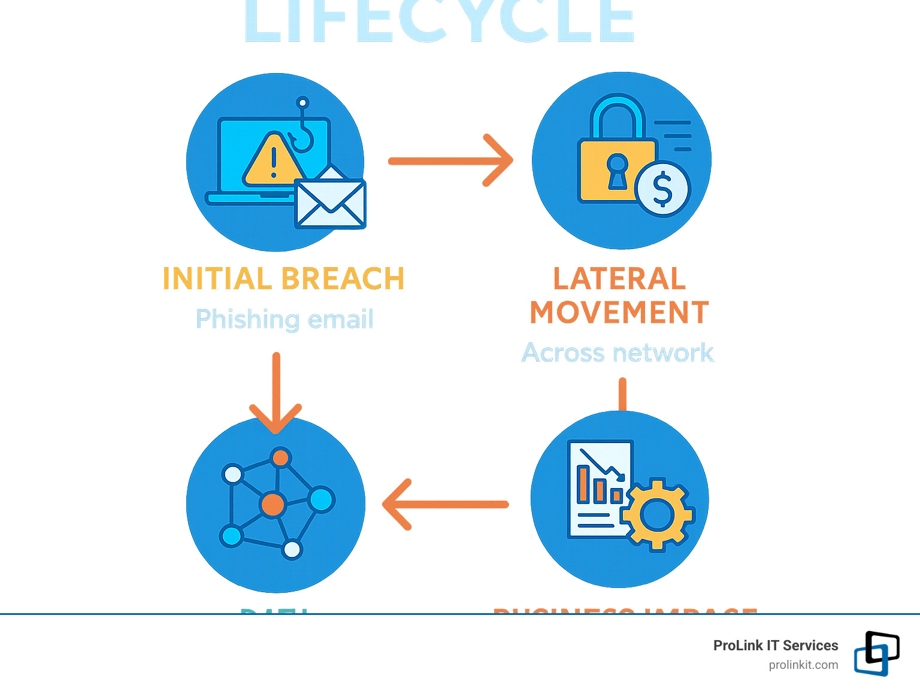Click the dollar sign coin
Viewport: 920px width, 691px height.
pyautogui.click(x=662, y=189)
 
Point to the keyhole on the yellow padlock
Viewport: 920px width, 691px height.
pyautogui.click(x=617, y=171)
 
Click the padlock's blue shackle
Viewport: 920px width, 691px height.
pyautogui.click(x=618, y=117)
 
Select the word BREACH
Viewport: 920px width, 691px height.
pyautogui.click(x=343, y=279)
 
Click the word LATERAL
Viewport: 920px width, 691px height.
pyautogui.click(x=619, y=279)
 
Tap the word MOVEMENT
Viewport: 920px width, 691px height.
pyautogui.click(x=619, y=313)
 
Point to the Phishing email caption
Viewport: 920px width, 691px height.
pyautogui.click(x=285, y=319)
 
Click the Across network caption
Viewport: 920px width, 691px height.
pyautogui.click(x=618, y=353)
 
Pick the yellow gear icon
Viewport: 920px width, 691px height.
pyautogui.click(x=657, y=514)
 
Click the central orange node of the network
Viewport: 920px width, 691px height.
pyautogui.click(x=273, y=504)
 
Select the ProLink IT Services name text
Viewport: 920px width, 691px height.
pyautogui.click(x=776, y=645)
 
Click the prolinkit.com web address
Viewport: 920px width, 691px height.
pyautogui.click(x=803, y=665)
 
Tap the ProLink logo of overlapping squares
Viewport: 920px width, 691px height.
pyautogui.click(x=876, y=653)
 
